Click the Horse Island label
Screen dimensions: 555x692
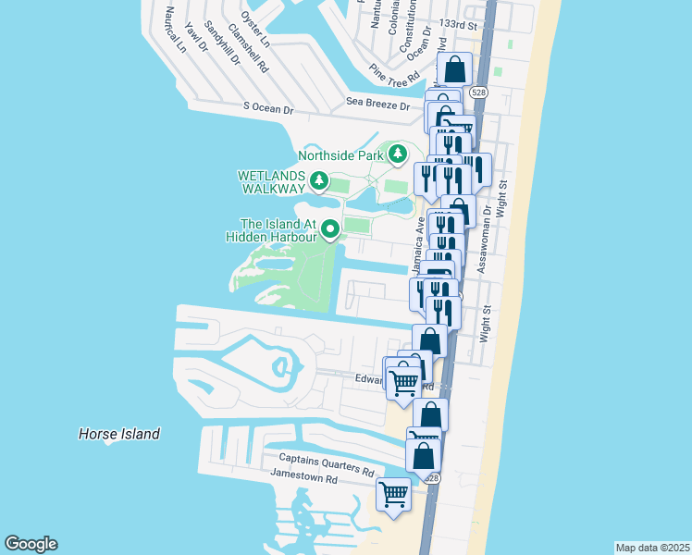pyautogui.click(x=119, y=434)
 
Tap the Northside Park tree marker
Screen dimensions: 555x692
pyautogui.click(x=398, y=154)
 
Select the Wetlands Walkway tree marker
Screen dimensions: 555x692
pyautogui.click(x=319, y=180)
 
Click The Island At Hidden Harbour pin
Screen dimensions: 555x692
pyautogui.click(x=329, y=225)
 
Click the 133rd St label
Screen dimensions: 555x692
pyautogui.click(x=460, y=25)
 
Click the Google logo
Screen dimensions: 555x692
pyautogui.click(x=31, y=544)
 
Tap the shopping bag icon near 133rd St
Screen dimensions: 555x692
pyautogui.click(x=454, y=69)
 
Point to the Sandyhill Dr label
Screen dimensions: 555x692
pyautogui.click(x=222, y=43)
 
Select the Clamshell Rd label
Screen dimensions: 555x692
pyautogui.click(x=247, y=53)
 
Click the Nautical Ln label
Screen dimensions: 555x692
pyautogui.click(x=173, y=29)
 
